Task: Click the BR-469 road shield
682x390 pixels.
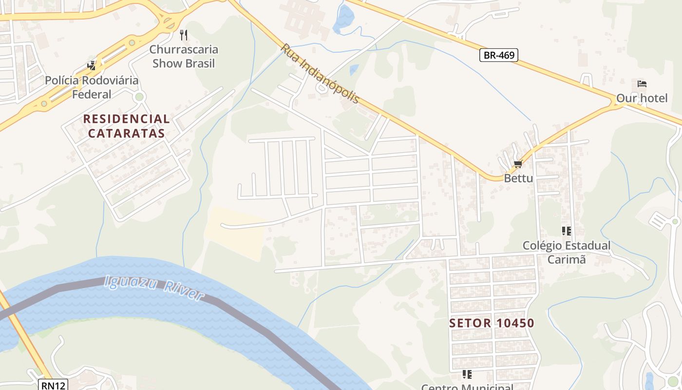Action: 499,55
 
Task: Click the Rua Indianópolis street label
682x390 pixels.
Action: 320,73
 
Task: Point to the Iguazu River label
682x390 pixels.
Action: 154,288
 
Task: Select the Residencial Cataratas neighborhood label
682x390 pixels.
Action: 126,126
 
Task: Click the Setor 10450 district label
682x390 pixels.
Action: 492,323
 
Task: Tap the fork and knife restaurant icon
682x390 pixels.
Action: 184,35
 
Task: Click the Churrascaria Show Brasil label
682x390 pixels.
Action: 184,56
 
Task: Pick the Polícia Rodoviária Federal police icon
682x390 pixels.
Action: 92,65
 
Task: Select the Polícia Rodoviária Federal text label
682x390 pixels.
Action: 92,87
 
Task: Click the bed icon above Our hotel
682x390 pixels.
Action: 642,84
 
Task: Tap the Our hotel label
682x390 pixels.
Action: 642,98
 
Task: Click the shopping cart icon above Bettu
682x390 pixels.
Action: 518,164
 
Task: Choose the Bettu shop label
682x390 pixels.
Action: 518,178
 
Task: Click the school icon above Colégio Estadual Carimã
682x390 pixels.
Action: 566,231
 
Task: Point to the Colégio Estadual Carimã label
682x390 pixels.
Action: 566,252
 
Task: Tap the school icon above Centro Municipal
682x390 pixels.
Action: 467,374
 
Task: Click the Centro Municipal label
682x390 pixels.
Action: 467,387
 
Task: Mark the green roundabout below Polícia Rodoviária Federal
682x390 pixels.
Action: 140,97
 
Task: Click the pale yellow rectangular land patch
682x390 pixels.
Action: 235,232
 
